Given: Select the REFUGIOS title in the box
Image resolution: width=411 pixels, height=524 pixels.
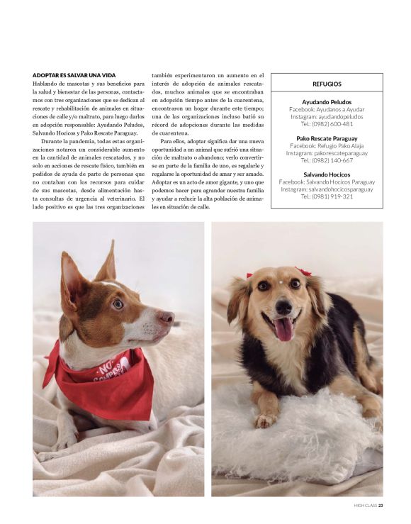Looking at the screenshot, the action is point(327,84).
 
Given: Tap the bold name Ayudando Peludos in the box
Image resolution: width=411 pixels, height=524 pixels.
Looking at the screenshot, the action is point(327,102).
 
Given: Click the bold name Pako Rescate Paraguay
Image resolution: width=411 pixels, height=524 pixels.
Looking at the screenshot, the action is point(327,138).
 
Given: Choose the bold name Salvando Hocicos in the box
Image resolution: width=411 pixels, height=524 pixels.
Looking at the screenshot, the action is point(327,174).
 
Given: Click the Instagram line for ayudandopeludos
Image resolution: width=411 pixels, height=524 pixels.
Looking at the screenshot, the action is point(327,116).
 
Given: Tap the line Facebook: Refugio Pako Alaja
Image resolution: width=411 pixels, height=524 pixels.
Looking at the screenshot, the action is point(327,145).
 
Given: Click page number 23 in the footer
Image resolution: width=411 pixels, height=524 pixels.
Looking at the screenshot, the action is point(381,506).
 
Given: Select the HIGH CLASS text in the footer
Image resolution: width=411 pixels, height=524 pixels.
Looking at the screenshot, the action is point(365,506).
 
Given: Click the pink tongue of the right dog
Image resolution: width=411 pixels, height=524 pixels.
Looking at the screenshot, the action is point(284,330).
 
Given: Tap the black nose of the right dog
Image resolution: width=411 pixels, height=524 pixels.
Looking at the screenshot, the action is point(283,307).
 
